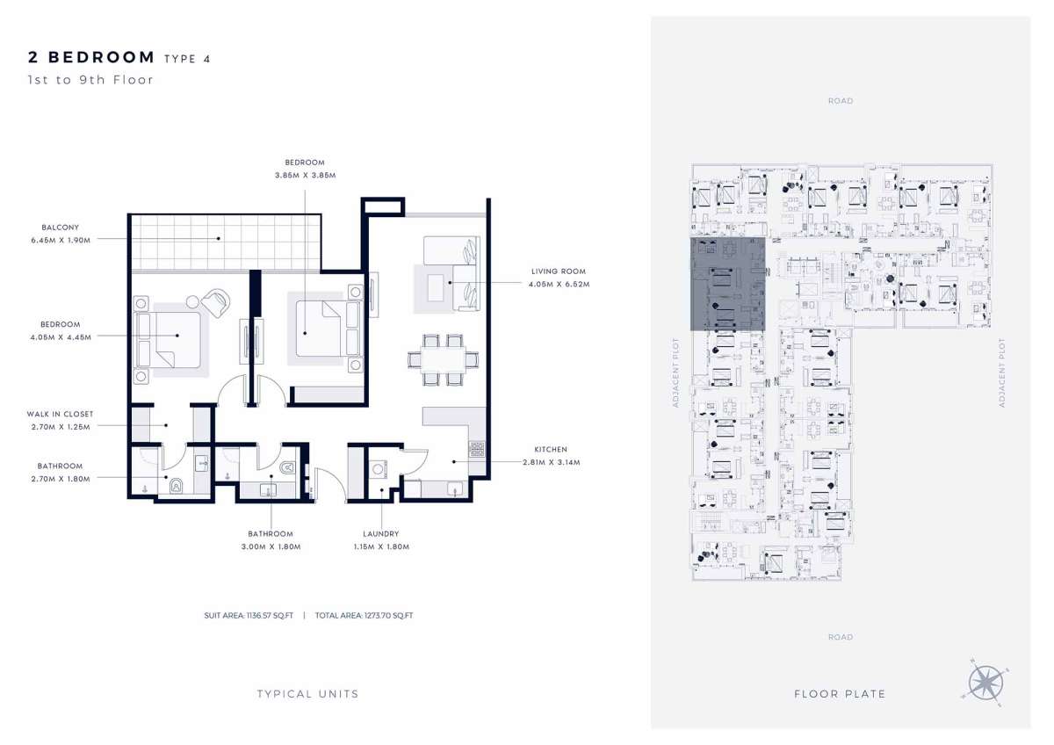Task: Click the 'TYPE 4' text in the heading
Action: (x=187, y=59)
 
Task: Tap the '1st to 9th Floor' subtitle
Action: (x=90, y=80)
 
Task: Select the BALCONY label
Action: (x=61, y=228)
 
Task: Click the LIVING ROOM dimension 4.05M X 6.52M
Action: (x=559, y=285)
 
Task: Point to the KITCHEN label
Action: (x=551, y=450)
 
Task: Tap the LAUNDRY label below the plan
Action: (x=381, y=533)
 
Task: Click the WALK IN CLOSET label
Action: (x=61, y=414)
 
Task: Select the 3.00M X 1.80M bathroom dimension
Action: (x=271, y=546)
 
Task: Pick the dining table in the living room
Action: (x=444, y=360)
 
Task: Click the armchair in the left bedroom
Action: (x=215, y=302)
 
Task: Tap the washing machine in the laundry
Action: (x=378, y=469)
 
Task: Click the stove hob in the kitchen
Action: (x=477, y=449)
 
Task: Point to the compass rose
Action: (x=985, y=683)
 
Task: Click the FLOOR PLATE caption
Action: (x=840, y=694)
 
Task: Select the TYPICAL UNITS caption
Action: (x=307, y=694)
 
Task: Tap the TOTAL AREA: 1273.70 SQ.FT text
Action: (x=365, y=616)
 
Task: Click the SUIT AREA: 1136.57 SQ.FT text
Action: (x=249, y=616)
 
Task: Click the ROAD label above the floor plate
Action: (x=841, y=101)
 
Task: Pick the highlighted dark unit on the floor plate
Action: (x=727, y=284)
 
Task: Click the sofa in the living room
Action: (x=452, y=273)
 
